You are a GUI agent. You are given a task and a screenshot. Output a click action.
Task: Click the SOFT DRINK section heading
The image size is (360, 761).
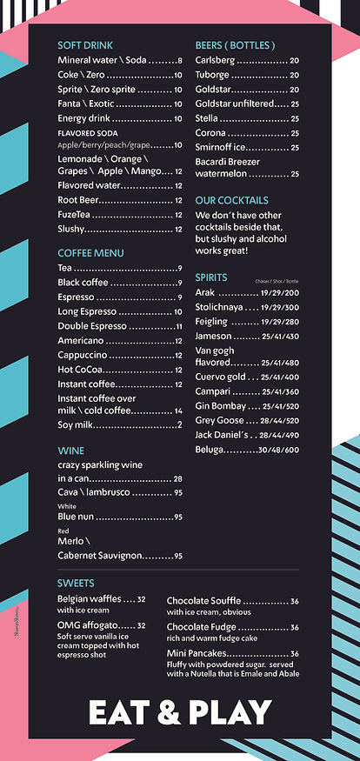click(85, 45)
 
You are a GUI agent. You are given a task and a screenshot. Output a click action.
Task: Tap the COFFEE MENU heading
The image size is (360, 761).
click(91, 253)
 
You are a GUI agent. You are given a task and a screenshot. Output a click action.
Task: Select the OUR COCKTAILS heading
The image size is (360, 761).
click(231, 200)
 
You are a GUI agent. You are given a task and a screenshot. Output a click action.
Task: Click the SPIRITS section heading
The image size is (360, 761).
click(211, 277)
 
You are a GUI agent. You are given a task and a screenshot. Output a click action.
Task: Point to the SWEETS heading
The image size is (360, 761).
click(76, 583)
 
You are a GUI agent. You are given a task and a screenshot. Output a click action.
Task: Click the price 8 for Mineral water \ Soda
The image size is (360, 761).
click(179, 61)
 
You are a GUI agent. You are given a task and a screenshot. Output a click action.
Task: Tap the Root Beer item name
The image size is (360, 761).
click(78, 200)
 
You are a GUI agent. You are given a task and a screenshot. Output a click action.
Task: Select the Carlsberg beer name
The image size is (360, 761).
click(216, 61)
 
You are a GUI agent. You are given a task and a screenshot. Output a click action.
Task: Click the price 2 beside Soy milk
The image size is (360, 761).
click(179, 424)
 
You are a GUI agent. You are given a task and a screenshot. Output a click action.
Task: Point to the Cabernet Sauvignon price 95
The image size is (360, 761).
click(177, 556)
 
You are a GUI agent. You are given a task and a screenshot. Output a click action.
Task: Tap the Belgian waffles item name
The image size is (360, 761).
click(89, 599)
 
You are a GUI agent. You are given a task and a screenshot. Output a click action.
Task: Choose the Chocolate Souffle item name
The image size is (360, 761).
click(203, 601)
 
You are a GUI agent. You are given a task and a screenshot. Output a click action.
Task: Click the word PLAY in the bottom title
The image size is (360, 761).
click(227, 712)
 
